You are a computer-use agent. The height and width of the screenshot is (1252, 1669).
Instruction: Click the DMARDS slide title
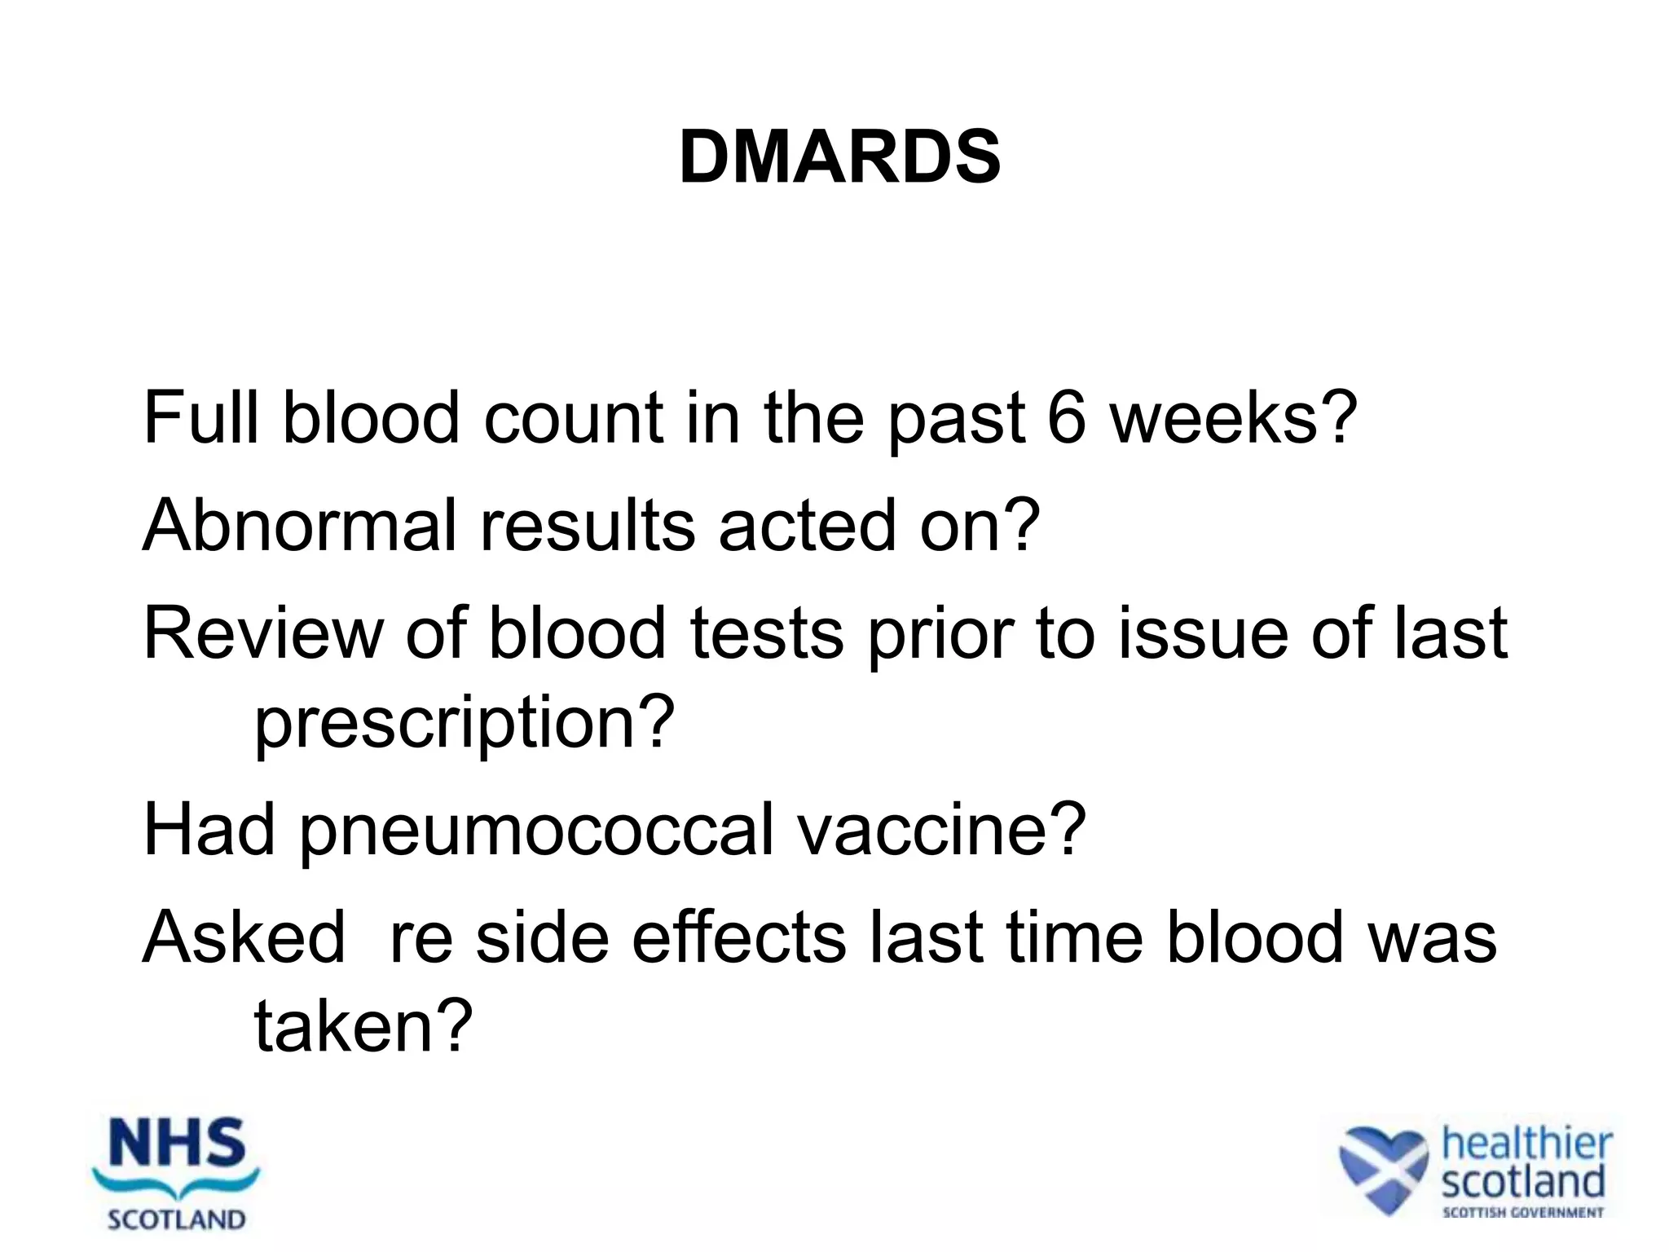pyautogui.click(x=839, y=157)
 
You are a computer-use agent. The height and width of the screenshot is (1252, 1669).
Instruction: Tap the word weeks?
pyautogui.click(x=1235, y=418)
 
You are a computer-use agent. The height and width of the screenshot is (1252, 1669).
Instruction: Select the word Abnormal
pyautogui.click(x=299, y=526)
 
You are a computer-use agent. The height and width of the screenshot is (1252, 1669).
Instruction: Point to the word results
pyautogui.click(x=588, y=526)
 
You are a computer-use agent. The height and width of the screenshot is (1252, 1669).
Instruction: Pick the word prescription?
pyautogui.click(x=465, y=722)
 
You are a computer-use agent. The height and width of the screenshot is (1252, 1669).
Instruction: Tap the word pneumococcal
pyautogui.click(x=535, y=830)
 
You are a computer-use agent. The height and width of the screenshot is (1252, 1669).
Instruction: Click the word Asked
pyautogui.click(x=244, y=937)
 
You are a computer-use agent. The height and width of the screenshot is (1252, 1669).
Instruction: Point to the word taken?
pyautogui.click(x=363, y=1026)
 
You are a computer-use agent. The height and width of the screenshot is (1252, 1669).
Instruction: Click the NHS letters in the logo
pyautogui.click(x=177, y=1143)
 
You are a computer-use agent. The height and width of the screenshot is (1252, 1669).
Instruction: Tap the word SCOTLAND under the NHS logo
pyautogui.click(x=177, y=1220)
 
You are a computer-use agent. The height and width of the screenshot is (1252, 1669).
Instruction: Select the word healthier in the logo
pyautogui.click(x=1526, y=1143)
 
